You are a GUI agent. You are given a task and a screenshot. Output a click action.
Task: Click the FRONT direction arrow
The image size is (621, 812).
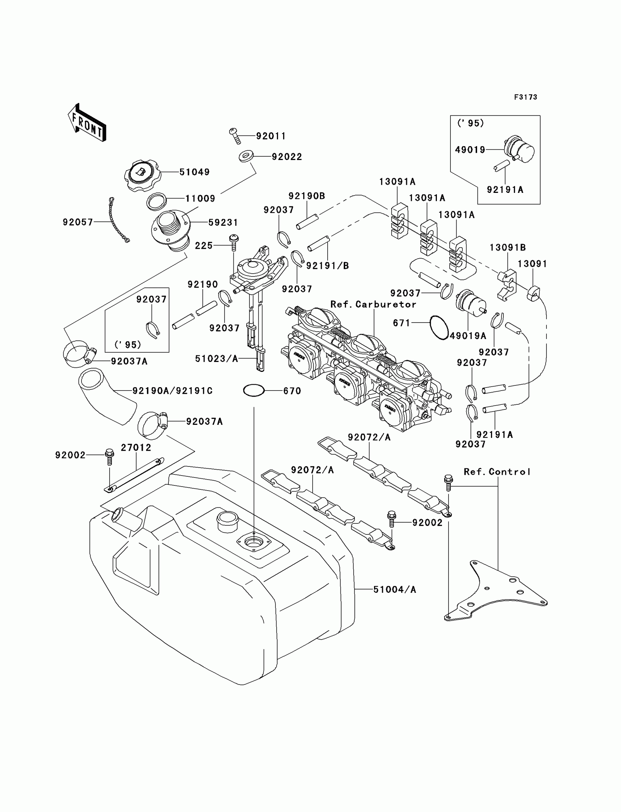coord(88,123)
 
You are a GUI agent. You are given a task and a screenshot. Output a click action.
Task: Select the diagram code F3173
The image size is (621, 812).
coord(525,97)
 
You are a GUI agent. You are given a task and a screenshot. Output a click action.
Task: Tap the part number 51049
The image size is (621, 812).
coord(194,172)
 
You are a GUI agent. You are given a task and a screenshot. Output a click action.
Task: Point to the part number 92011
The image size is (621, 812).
coord(271,136)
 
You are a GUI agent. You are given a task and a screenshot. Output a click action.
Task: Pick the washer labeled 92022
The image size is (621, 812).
coord(244,156)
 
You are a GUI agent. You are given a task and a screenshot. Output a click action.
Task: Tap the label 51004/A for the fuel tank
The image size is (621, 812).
coord(395,590)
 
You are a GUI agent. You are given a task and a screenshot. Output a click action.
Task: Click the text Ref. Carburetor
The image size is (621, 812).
coord(373,304)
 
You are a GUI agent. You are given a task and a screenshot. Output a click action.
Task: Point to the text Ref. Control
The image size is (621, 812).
coord(497,472)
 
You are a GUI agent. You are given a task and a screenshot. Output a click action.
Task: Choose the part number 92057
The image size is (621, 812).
coord(77,222)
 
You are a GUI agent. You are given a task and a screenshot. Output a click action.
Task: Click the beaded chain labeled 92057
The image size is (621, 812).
coord(118,221)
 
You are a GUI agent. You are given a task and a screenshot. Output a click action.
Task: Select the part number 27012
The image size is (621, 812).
coord(136,447)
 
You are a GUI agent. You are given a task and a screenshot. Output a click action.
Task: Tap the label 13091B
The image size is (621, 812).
coord(507,248)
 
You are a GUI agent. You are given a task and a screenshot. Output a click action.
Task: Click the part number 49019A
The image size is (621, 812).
coord(468,336)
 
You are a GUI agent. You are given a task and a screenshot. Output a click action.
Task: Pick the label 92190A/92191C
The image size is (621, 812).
coord(172,391)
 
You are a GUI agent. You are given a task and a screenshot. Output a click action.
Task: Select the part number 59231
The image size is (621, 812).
coord(223,222)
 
